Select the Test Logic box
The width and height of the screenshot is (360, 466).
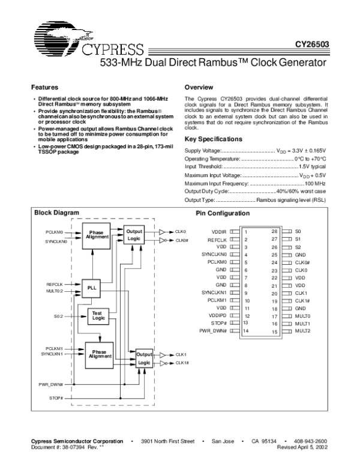click(98, 316)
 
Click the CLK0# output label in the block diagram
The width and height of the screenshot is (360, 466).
click(182, 240)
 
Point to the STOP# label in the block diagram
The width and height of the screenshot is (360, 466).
click(56, 398)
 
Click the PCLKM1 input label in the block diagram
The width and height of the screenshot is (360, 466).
click(55, 348)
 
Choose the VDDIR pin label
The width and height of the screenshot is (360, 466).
click(219, 231)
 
